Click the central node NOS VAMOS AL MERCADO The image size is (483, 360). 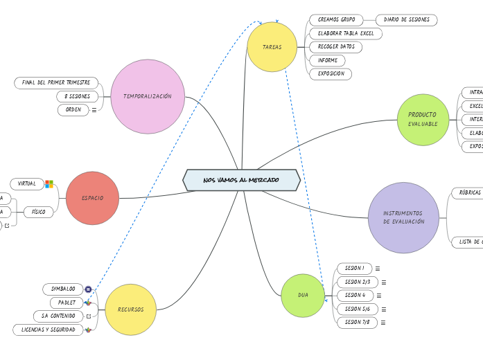click(241, 180)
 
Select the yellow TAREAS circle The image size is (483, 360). click(272, 47)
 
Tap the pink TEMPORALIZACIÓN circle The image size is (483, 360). click(148, 96)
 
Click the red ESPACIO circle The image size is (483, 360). click(92, 198)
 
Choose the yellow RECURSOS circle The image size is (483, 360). click(130, 309)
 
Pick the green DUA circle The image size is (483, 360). click(303, 296)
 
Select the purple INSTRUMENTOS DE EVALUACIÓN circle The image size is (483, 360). click(403, 217)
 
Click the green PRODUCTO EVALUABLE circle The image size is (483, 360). click(423, 119)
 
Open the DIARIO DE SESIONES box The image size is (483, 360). click(406, 20)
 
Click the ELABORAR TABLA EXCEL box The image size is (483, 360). click(345, 33)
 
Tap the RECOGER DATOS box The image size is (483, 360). click(335, 47)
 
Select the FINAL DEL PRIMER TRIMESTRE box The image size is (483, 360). click(56, 83)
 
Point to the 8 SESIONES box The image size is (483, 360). click(77, 96)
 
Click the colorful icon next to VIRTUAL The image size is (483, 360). click(49, 184)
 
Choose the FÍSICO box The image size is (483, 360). click(38, 212)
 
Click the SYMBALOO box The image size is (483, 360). click(63, 289)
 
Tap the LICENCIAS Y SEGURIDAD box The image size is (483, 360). click(48, 330)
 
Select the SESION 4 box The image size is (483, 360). click(355, 295)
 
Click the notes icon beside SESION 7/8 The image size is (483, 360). click(383, 323)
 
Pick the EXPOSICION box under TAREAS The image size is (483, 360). click(331, 73)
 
